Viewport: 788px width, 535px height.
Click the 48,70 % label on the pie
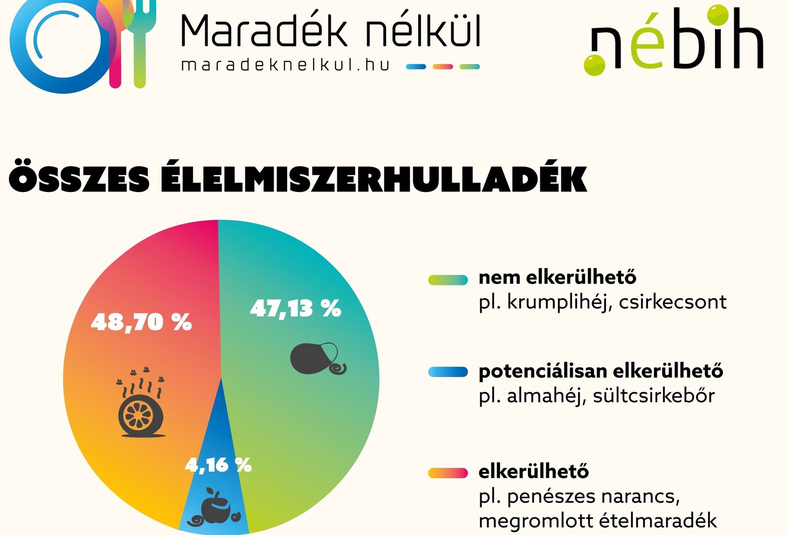(141, 322)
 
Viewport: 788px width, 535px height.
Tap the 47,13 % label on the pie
(295, 309)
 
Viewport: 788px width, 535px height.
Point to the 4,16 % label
(218, 465)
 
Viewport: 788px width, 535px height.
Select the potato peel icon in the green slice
(318, 358)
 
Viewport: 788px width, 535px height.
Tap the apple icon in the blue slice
(214, 507)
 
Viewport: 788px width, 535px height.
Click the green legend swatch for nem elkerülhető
(448, 280)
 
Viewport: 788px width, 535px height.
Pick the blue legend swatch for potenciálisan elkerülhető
(448, 372)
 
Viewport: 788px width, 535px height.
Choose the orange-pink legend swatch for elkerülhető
(448, 473)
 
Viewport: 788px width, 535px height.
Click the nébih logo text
(673, 40)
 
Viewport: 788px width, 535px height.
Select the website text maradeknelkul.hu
(285, 65)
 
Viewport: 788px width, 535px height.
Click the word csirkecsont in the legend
(672, 302)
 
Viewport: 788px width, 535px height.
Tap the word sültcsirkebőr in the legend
(654, 396)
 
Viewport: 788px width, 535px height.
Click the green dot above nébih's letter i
(718, 15)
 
